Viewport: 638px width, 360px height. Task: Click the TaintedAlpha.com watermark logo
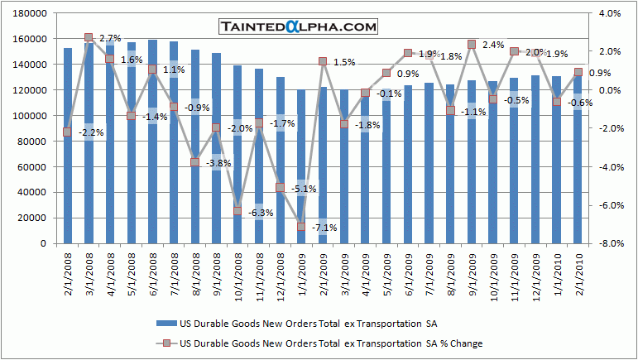299,26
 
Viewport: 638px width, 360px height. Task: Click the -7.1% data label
324,228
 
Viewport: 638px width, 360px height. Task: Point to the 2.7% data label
110,38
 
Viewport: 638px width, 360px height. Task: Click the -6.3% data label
261,213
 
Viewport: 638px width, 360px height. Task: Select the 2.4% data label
493,45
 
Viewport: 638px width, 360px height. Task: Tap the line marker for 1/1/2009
302,227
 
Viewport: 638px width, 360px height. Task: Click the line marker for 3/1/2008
89,38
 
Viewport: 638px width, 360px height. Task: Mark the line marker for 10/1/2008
237,210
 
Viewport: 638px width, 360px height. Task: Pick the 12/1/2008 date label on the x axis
281,272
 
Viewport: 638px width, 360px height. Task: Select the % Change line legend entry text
331,343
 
